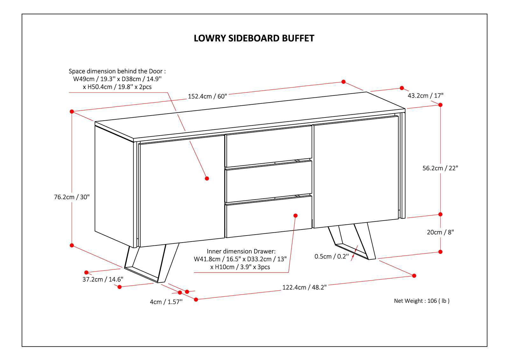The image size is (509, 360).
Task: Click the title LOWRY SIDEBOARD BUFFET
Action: [254, 38]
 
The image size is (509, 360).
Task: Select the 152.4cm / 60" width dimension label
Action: [207, 96]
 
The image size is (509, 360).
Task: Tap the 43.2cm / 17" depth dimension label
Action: [425, 95]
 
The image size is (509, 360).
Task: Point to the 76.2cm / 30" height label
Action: [72, 197]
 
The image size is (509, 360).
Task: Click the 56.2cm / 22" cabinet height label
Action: [440, 168]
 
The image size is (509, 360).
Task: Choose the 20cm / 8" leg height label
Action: [440, 232]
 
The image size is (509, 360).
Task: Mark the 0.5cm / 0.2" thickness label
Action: [332, 256]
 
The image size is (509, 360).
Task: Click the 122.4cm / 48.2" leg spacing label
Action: [304, 287]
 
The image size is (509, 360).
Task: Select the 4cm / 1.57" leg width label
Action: [166, 302]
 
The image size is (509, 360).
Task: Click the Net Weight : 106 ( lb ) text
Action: [422, 301]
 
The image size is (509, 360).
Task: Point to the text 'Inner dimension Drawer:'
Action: [241, 251]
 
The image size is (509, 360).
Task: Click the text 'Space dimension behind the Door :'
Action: [117, 71]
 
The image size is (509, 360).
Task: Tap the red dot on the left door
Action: [207, 178]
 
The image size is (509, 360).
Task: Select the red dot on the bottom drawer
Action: [295, 215]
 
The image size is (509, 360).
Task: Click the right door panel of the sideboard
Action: [356, 172]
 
